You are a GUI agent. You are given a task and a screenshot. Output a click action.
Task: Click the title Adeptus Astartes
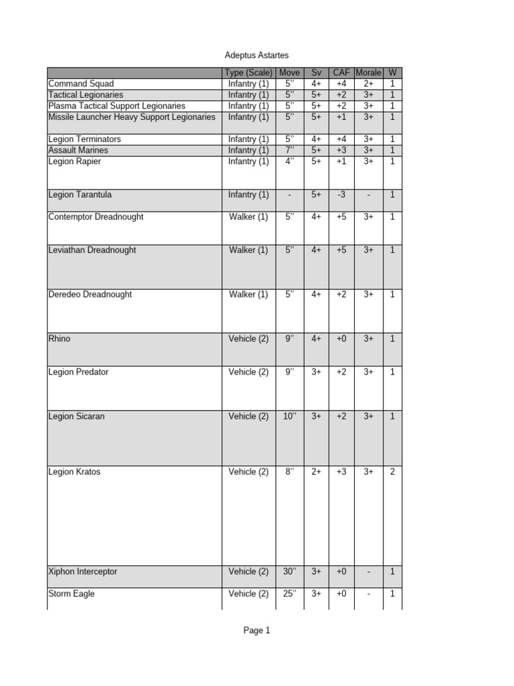pyautogui.click(x=256, y=55)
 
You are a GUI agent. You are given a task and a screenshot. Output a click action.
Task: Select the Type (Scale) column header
pyautogui.click(x=248, y=73)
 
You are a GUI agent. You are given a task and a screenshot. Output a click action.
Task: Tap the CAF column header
pyautogui.click(x=341, y=73)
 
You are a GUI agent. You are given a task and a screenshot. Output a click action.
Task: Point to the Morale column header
pyautogui.click(x=368, y=73)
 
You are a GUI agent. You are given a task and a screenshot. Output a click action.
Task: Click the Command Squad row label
pyautogui.click(x=81, y=84)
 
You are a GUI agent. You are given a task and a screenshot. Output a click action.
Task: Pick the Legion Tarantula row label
pyautogui.click(x=80, y=195)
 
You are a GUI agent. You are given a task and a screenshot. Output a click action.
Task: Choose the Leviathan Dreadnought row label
pyautogui.click(x=92, y=251)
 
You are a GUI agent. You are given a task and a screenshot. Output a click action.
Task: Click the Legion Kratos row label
pyautogui.click(x=74, y=472)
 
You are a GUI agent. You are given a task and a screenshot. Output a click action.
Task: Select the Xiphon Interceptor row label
pyautogui.click(x=82, y=572)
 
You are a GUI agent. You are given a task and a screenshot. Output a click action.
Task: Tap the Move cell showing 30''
pyautogui.click(x=289, y=572)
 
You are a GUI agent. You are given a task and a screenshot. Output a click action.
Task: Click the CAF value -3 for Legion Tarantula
pyautogui.click(x=341, y=195)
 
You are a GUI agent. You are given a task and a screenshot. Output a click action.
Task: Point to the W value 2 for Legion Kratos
pyautogui.click(x=392, y=472)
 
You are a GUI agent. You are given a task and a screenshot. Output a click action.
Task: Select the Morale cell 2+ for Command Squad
pyautogui.click(x=368, y=84)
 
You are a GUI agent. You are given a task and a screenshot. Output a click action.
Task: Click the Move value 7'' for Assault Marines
pyautogui.click(x=289, y=151)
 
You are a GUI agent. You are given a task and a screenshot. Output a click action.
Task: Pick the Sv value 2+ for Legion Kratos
pyautogui.click(x=316, y=472)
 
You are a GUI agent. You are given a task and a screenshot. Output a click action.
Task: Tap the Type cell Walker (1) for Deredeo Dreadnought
pyautogui.click(x=248, y=295)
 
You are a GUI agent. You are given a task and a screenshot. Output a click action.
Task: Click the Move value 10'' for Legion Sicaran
pyautogui.click(x=289, y=417)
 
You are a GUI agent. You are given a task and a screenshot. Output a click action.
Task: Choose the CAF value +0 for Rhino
pyautogui.click(x=341, y=339)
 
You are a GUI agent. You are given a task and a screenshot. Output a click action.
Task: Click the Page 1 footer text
pyautogui.click(x=256, y=630)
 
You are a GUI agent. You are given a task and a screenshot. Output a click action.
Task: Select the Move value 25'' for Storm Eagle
pyautogui.click(x=289, y=594)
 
